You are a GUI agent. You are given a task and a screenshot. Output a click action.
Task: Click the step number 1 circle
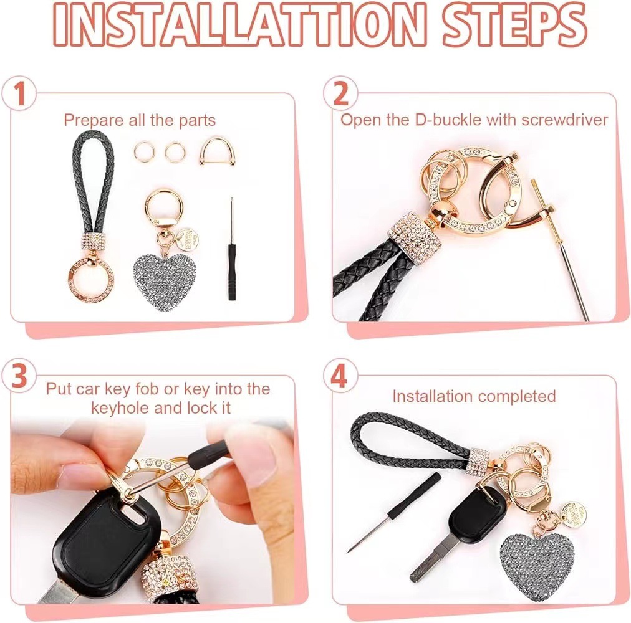coord(21,95)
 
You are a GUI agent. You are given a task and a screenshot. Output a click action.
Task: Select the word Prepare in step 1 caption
coord(92,120)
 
